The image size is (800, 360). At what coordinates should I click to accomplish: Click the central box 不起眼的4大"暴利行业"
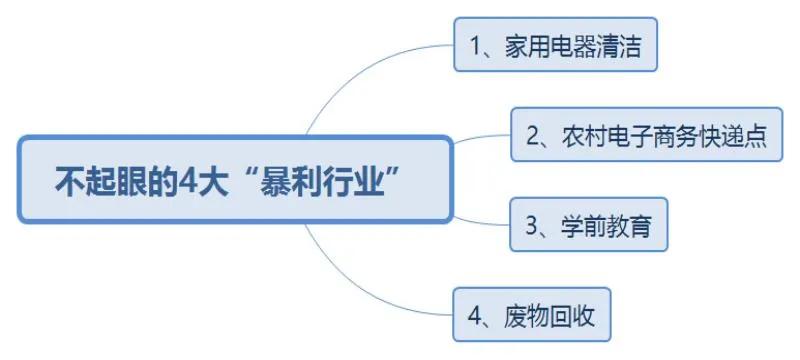click(236, 179)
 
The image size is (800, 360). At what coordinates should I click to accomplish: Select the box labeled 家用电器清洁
click(555, 45)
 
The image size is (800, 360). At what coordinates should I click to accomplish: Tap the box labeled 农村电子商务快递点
click(645, 135)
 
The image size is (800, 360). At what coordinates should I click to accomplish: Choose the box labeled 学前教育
click(588, 225)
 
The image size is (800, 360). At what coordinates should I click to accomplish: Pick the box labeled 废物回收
click(531, 315)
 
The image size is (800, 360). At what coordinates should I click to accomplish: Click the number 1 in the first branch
click(477, 46)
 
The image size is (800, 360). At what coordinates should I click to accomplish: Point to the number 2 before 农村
click(533, 136)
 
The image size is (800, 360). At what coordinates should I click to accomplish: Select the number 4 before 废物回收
click(476, 316)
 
